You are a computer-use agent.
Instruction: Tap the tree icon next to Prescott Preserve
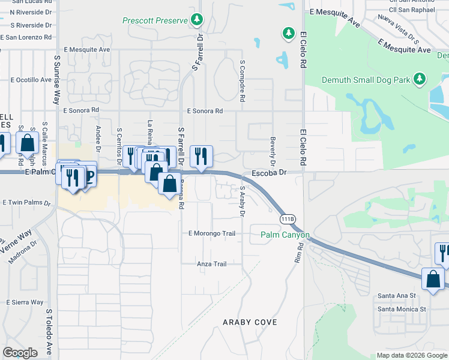(x=197, y=20)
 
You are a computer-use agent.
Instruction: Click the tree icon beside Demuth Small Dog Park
(x=420, y=79)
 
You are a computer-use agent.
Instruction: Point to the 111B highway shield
(x=288, y=219)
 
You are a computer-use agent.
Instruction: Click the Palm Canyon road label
(x=285, y=235)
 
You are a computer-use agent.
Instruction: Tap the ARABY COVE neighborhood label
(x=250, y=322)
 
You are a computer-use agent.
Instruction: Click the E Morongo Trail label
(x=211, y=233)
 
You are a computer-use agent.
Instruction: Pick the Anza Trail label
(x=212, y=264)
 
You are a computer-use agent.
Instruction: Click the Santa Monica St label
(x=401, y=310)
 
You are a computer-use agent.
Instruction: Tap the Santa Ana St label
(x=396, y=296)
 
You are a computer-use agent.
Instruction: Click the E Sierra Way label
(x=25, y=302)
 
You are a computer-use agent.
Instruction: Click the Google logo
(x=20, y=352)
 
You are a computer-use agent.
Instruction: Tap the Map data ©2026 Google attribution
(x=411, y=355)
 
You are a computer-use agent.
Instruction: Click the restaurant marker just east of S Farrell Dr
(x=201, y=156)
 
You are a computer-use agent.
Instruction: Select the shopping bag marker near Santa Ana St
(x=433, y=279)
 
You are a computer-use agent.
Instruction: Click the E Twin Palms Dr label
(x=26, y=203)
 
